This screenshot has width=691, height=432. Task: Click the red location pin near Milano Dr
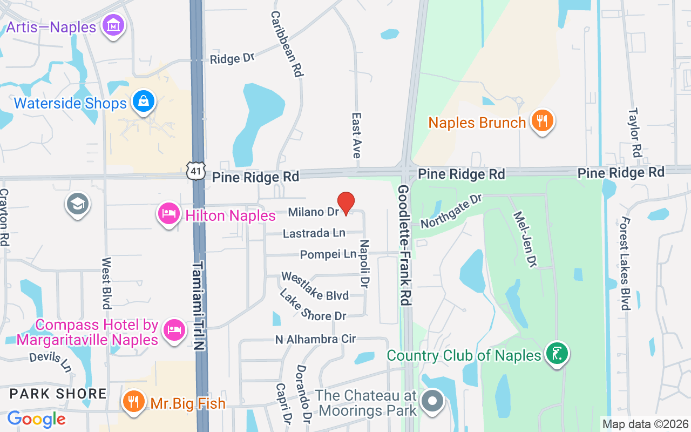tap(345, 202)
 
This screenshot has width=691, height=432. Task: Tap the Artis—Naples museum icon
tap(114, 25)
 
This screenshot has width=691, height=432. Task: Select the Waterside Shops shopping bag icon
tap(144, 101)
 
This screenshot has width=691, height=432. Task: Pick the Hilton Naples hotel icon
tap(169, 214)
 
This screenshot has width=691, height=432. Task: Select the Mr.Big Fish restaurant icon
tap(133, 401)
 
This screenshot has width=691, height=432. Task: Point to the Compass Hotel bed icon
tap(174, 328)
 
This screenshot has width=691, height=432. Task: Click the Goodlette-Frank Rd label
tap(404, 245)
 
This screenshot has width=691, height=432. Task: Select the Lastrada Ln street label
tap(314, 233)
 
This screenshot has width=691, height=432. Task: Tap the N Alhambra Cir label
tap(315, 339)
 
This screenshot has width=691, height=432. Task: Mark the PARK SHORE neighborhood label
tap(58, 393)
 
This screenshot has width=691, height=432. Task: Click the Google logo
tap(36, 418)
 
